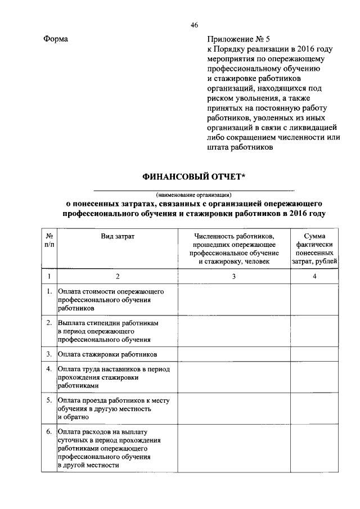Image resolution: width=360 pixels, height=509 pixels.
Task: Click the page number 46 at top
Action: coord(194,25)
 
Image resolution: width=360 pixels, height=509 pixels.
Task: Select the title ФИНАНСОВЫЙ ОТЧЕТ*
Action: coord(193,177)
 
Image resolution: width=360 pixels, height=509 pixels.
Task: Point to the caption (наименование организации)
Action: coord(193,195)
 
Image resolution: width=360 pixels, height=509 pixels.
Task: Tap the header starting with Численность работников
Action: coord(234,249)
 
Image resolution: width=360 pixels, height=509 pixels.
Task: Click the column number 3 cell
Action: coord(234,276)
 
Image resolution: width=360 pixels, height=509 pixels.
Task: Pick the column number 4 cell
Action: coord(314,276)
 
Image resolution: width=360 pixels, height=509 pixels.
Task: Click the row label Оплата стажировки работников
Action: coord(107,354)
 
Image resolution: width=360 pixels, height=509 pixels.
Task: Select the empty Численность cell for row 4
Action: coord(234,377)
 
